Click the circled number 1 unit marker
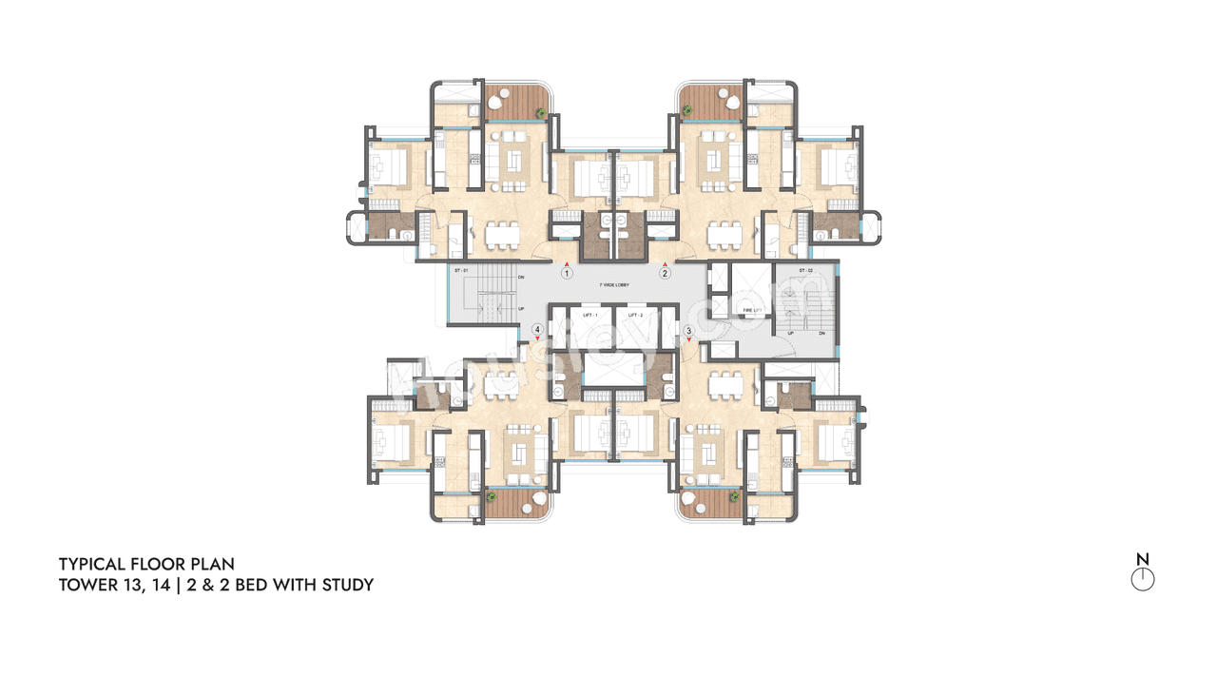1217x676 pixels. [567, 273]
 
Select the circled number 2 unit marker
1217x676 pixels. [666, 273]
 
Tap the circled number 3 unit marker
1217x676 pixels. [687, 331]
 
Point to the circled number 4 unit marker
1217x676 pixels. [538, 331]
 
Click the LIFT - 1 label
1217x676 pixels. [589, 315]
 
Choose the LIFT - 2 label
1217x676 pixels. [636, 315]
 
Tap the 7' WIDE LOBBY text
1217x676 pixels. [615, 285]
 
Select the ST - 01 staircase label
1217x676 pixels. [463, 272]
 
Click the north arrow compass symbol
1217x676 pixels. [1143, 579]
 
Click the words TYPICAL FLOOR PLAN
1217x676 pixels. [146, 565]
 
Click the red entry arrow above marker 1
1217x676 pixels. [567, 262]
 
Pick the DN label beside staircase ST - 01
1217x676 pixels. [521, 278]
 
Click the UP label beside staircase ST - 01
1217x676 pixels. [521, 309]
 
